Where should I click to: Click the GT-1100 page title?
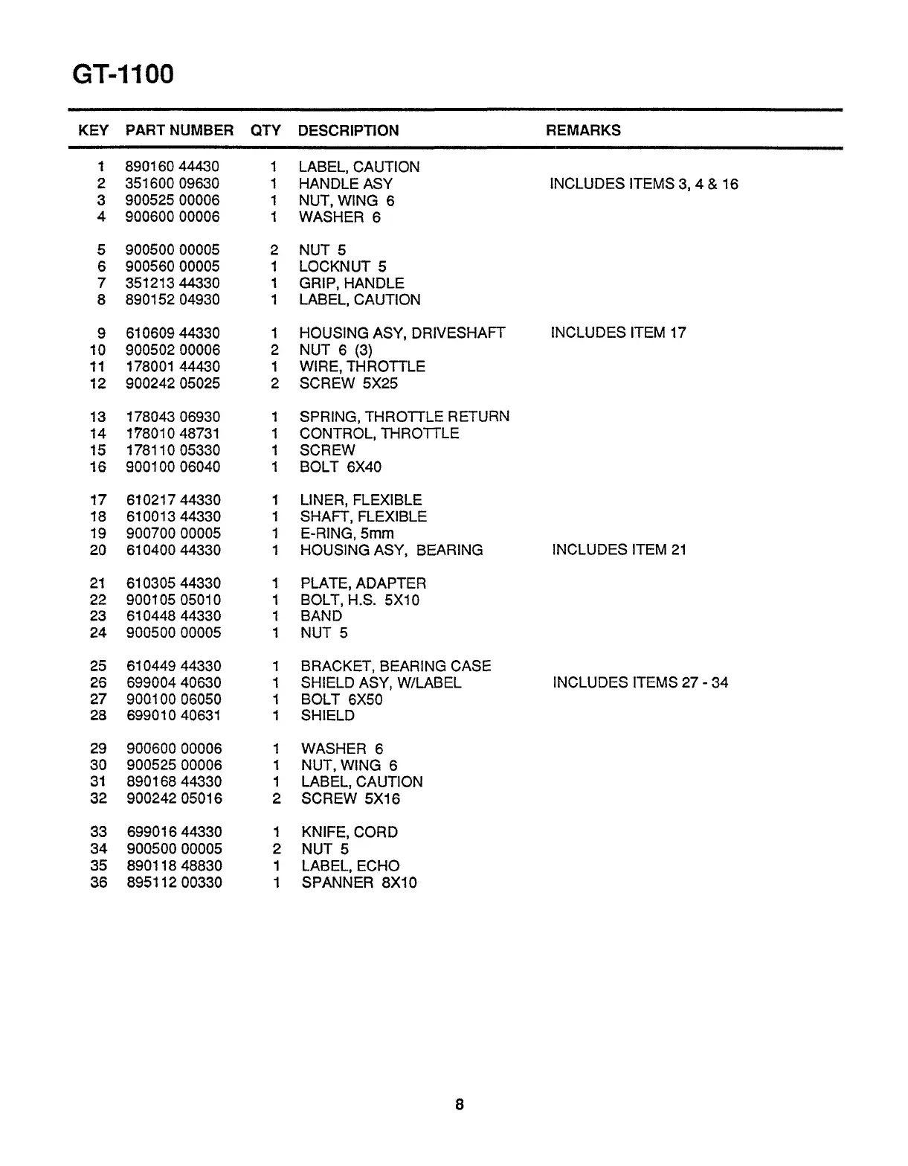[x=123, y=74]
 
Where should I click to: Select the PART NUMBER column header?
[x=179, y=130]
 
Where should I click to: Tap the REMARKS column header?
[x=583, y=130]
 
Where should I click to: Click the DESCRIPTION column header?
[x=348, y=130]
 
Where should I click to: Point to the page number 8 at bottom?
[x=459, y=1104]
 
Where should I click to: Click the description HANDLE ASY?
[x=346, y=184]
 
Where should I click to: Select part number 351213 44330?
[x=173, y=283]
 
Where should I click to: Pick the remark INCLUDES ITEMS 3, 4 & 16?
[x=644, y=184]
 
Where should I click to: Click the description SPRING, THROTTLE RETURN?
[x=405, y=417]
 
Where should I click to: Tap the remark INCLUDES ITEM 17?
[x=618, y=333]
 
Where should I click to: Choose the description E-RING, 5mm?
[x=347, y=534]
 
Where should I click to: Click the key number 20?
[x=98, y=550]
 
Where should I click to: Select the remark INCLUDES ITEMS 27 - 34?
[x=640, y=682]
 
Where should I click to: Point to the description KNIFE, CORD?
[x=350, y=832]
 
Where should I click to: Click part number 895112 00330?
[x=175, y=882]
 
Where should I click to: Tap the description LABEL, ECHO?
[x=350, y=865]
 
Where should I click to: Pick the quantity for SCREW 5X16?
[x=275, y=799]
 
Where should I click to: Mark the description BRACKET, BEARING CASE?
[x=396, y=666]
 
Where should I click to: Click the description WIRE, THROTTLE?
[x=362, y=367]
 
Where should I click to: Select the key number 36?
[x=99, y=882]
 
